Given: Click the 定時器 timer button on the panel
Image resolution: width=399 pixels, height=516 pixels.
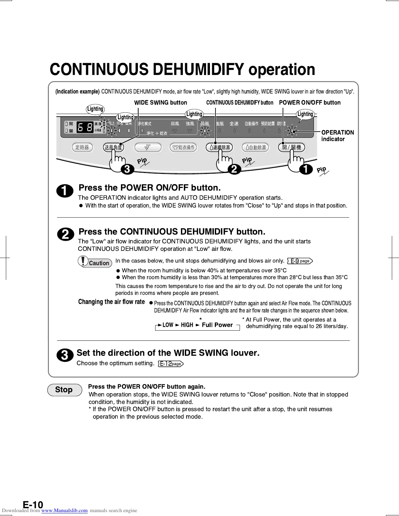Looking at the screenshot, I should tap(82, 148).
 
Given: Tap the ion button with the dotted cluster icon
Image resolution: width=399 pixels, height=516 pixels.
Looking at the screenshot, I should tap(148, 148).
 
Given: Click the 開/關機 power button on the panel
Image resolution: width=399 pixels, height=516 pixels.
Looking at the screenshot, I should tap(292, 147).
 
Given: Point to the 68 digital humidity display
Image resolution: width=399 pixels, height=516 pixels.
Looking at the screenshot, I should tap(85, 127).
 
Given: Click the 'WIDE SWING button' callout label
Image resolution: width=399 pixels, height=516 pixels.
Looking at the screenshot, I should tap(160, 103).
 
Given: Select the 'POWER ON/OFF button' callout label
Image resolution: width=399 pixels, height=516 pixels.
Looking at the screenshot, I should tap(310, 103).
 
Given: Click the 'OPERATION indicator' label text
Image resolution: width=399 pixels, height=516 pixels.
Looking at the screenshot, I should tap(337, 136).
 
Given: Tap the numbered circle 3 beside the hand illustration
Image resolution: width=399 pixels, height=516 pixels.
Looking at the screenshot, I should tap(127, 169).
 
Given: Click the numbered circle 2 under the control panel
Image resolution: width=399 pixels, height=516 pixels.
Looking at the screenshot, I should tap(234, 169).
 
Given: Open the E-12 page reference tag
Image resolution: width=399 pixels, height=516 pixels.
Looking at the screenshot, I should tap(170, 364).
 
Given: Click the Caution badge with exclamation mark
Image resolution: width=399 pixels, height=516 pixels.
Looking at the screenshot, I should tap(95, 262).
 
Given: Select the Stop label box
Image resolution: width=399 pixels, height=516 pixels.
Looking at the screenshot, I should tap(64, 390).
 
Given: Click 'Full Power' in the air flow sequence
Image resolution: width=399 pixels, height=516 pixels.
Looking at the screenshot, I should tap(217, 325).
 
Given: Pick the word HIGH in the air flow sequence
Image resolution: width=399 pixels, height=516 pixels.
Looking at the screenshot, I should tap(187, 325).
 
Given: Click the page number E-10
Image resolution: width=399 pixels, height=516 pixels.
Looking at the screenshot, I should tap(33, 505).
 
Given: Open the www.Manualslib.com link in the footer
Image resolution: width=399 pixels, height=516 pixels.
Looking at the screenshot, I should tap(65, 510).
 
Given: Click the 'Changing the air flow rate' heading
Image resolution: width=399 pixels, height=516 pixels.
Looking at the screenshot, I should tap(111, 302).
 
